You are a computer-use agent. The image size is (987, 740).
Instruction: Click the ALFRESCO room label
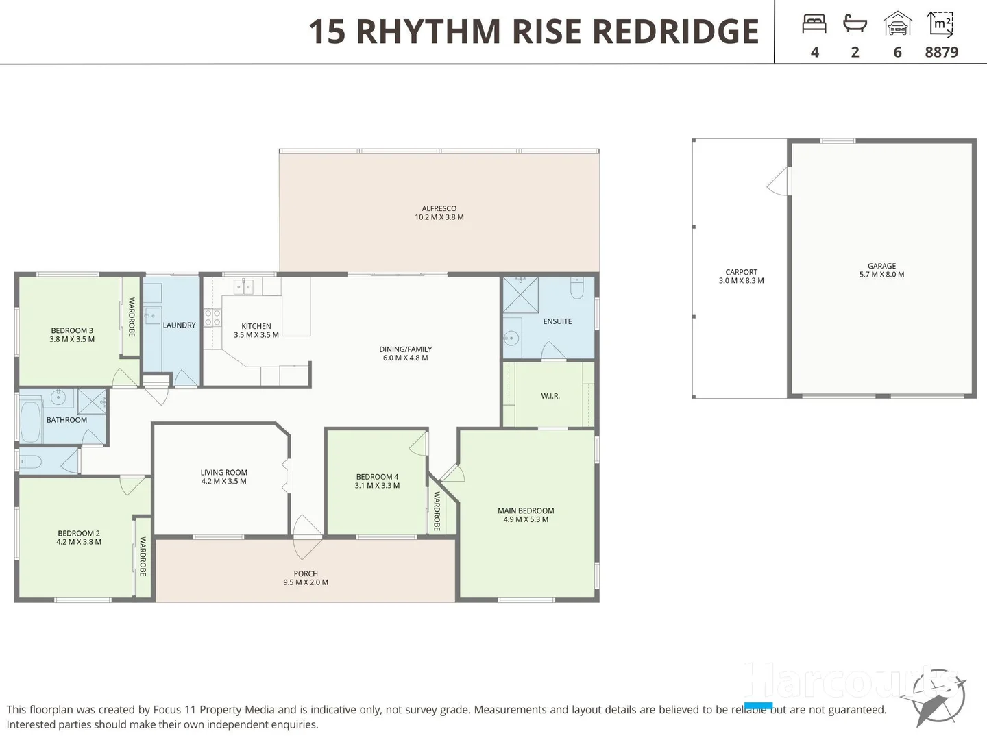(x=439, y=208)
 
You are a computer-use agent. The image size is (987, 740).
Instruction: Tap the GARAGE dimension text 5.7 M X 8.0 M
(x=881, y=275)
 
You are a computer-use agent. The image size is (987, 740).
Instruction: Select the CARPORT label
(x=741, y=272)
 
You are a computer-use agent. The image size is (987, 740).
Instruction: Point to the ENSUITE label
(x=557, y=321)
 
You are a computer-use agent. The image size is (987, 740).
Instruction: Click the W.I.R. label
(x=550, y=396)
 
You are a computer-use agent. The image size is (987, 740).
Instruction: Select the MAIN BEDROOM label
(x=526, y=510)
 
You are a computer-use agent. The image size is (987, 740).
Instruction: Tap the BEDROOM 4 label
(x=377, y=477)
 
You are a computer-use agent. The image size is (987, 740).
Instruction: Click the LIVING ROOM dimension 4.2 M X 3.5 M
(x=223, y=482)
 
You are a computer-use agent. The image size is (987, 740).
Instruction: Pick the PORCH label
(x=306, y=573)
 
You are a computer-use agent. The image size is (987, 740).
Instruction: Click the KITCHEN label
(x=256, y=326)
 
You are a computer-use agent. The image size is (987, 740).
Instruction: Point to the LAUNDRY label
(x=179, y=325)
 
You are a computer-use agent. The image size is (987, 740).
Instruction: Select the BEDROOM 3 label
(x=72, y=330)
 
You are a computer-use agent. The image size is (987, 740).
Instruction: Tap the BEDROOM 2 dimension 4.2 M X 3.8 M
(x=79, y=542)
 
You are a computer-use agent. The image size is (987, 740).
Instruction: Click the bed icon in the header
(x=814, y=24)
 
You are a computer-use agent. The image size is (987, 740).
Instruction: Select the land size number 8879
(x=941, y=52)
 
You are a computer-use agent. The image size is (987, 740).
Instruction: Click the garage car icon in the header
(x=897, y=24)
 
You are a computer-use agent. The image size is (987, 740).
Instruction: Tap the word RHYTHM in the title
(x=428, y=32)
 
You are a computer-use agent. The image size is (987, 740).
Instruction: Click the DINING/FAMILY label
(x=405, y=349)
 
